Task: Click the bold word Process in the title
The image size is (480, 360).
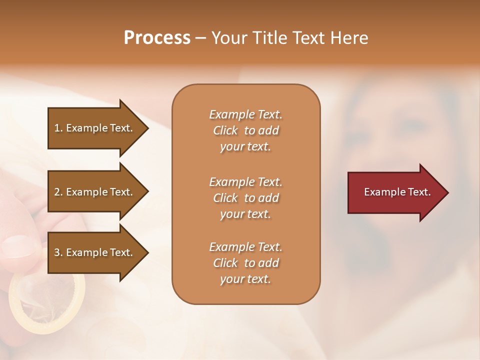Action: pyautogui.click(x=157, y=38)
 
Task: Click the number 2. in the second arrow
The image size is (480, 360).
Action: pyautogui.click(x=58, y=192)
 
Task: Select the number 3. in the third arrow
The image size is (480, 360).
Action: pyautogui.click(x=58, y=252)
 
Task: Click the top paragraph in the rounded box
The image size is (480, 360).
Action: pyautogui.click(x=245, y=130)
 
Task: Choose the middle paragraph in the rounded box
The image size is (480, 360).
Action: pyautogui.click(x=245, y=198)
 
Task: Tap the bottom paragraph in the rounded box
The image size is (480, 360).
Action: pyautogui.click(x=245, y=263)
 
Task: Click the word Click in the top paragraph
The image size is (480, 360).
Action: pyautogui.click(x=225, y=130)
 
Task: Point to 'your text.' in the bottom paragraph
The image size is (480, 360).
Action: pyautogui.click(x=245, y=279)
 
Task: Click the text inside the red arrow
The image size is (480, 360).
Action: pyautogui.click(x=397, y=192)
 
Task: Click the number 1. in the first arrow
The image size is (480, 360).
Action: pyautogui.click(x=58, y=128)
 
